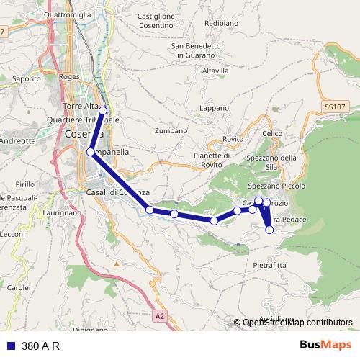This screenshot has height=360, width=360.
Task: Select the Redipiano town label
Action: pyautogui.click(x=220, y=23)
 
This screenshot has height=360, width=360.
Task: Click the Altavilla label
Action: pyautogui.click(x=215, y=71)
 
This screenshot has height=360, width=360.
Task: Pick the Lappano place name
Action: pyautogui.click(x=212, y=107)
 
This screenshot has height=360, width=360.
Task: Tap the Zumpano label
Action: pyautogui.click(x=171, y=131)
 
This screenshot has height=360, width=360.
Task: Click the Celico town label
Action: pyautogui.click(x=273, y=133)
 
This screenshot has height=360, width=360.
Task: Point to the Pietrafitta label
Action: pyautogui.click(x=269, y=265)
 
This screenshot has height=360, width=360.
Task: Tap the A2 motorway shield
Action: pyautogui.click(x=160, y=315)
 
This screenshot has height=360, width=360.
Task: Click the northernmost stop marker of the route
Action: pyautogui.click(x=103, y=110)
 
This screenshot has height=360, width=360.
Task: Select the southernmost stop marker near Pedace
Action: pyautogui.click(x=270, y=230)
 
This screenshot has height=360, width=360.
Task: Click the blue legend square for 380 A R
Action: pyautogui.click(x=11, y=346)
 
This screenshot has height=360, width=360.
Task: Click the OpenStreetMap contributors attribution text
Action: pyautogui.click(x=297, y=323)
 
